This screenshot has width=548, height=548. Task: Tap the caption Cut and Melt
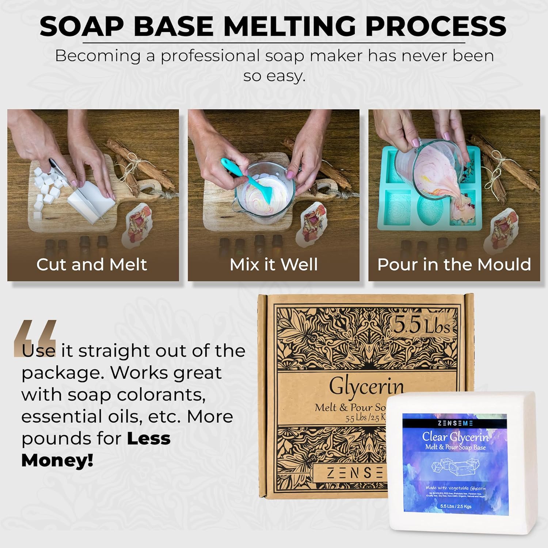tap(92, 265)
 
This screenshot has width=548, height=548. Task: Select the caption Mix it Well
tap(274, 265)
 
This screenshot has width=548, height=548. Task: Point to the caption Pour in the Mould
tap(454, 265)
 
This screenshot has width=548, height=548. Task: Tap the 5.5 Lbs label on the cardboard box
tap(422, 324)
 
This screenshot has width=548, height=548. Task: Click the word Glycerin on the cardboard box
tap(366, 387)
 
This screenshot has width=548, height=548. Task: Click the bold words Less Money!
tap(95, 449)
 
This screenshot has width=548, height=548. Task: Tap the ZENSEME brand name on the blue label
tap(455, 423)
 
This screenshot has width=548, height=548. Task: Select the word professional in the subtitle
tap(211, 56)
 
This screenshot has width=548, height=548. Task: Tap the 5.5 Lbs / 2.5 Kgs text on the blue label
tap(456, 506)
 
